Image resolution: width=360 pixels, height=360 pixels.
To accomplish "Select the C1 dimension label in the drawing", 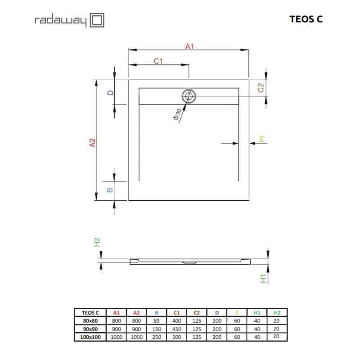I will [x=158, y=61].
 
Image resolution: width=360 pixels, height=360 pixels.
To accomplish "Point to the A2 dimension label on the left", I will [x=92, y=143].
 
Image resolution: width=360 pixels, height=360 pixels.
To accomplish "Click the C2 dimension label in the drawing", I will [x=261, y=88].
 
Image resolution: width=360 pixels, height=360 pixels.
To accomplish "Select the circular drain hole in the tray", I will [x=189, y=96].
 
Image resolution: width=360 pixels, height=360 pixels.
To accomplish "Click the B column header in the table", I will [x=156, y=312].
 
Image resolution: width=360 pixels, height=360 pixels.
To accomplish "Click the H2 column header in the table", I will [x=277, y=312].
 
